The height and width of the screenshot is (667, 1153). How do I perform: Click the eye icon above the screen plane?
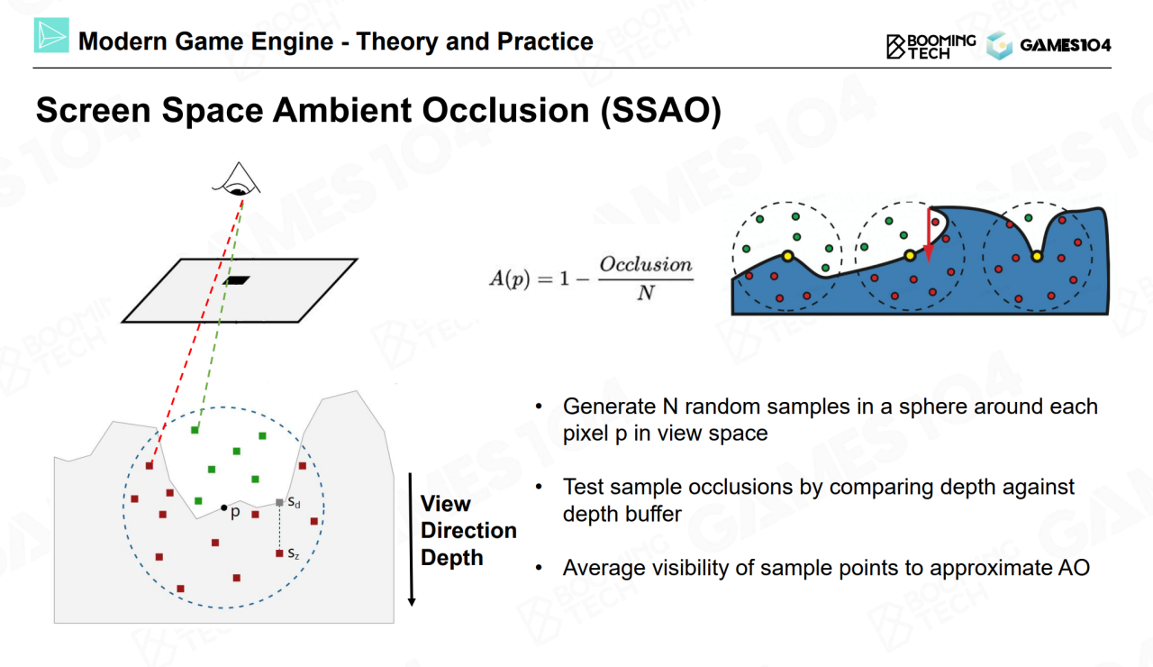pyautogui.click(x=236, y=181)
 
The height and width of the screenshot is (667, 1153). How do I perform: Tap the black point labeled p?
pyautogui.click(x=223, y=508)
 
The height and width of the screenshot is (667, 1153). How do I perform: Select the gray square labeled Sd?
pyautogui.click(x=280, y=502)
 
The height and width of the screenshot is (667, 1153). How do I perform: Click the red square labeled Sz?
pyautogui.click(x=279, y=553)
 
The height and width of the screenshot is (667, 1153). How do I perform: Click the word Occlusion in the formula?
pyautogui.click(x=646, y=265)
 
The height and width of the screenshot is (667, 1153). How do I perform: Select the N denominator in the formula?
pyautogui.click(x=645, y=293)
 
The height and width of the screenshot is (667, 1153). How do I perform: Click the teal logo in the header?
pyautogui.click(x=51, y=36)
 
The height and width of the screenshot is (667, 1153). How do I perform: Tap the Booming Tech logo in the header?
pyautogui.click(x=931, y=46)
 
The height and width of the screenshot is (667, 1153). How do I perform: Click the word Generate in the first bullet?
pyautogui.click(x=604, y=407)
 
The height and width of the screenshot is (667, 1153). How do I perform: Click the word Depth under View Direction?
pyautogui.click(x=451, y=558)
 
